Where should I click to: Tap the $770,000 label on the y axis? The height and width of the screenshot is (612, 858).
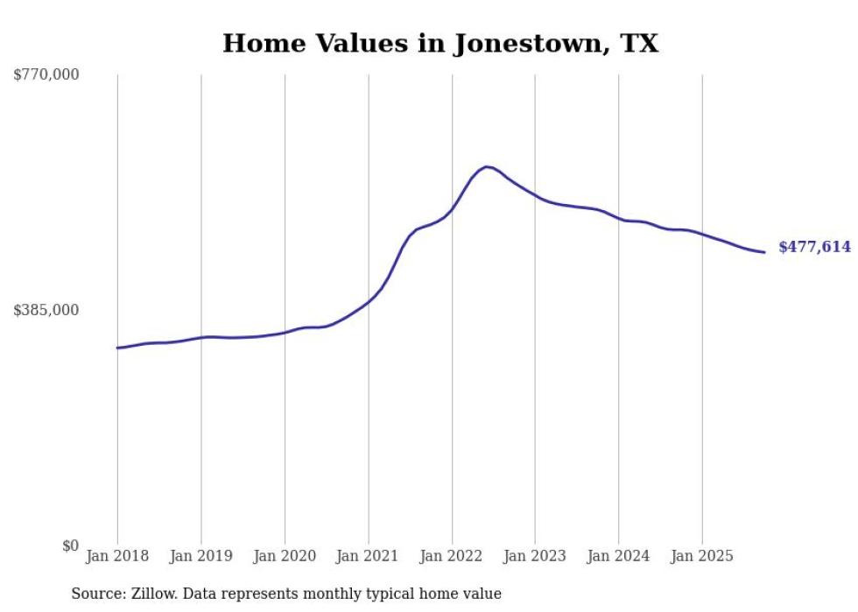pos(46,75)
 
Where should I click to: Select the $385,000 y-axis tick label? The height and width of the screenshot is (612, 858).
pos(46,310)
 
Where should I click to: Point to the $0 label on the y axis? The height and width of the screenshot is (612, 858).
pos(70,545)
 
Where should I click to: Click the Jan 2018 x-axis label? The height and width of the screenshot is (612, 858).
pos(117,556)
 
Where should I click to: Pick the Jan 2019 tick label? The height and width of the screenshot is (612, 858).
pos(200,556)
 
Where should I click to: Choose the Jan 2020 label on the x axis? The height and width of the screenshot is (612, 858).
pos(285,556)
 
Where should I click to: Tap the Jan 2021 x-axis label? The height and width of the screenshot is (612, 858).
pos(368,556)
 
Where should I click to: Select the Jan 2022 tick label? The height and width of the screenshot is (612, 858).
pos(452,556)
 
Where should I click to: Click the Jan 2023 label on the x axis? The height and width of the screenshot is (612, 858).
pos(535,556)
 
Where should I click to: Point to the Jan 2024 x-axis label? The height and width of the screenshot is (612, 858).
pos(618,556)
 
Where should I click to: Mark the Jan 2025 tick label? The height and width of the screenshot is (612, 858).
pos(702,556)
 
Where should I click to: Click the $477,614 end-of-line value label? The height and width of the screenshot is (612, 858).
pos(814,248)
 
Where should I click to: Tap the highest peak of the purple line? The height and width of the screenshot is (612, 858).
pos(486,166)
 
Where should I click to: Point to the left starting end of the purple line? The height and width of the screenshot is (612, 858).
pos(117,348)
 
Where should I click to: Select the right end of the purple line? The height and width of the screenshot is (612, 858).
pos(764,252)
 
